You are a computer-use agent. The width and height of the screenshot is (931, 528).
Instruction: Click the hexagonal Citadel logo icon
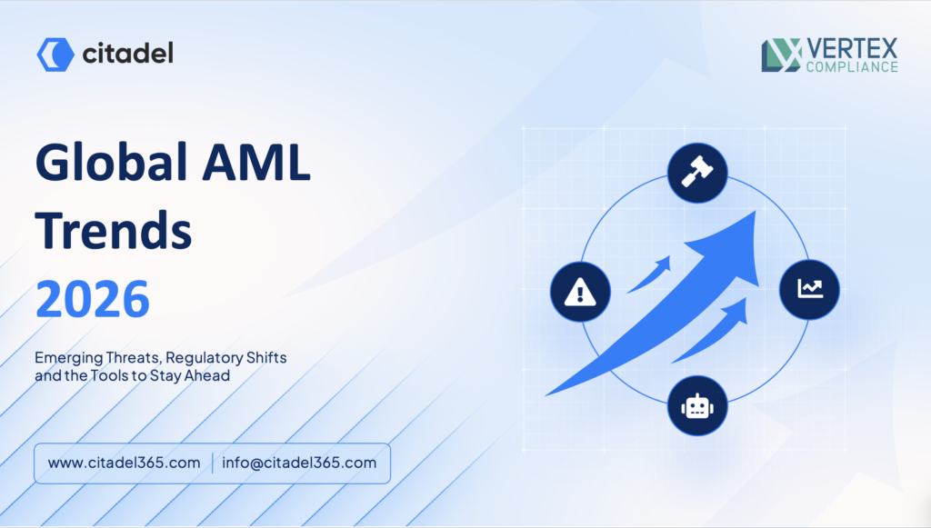[55, 55]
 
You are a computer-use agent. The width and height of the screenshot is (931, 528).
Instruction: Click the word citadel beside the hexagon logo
[127, 54]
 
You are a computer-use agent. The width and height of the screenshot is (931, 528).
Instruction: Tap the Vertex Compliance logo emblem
[781, 55]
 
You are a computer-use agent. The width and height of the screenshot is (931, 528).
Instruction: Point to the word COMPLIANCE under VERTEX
[852, 67]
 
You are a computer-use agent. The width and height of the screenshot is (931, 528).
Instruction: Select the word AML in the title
[256, 162]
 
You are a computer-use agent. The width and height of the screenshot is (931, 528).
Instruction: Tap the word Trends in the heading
[114, 230]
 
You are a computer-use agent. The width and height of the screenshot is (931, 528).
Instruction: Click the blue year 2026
[93, 298]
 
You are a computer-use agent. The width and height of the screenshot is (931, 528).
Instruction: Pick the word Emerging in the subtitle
[69, 358]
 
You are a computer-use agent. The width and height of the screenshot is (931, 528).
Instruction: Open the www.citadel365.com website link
[124, 463]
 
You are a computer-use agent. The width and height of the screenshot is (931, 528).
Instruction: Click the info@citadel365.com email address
[299, 463]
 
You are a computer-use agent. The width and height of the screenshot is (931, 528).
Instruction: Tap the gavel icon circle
[697, 173]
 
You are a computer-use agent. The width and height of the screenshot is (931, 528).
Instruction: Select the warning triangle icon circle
[580, 292]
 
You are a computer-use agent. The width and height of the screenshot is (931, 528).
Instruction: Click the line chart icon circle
[809, 290]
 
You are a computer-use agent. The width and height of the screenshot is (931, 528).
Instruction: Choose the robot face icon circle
[697, 406]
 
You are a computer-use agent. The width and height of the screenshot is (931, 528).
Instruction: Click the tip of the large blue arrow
[756, 211]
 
